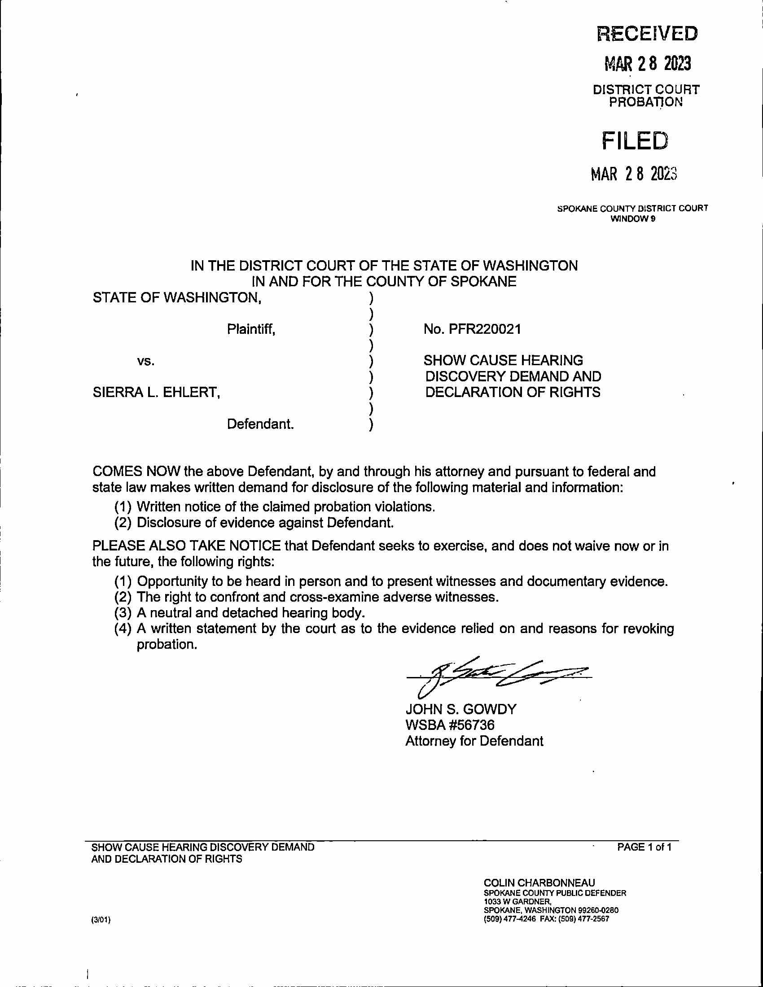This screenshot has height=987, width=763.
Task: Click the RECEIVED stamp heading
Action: point(647,34)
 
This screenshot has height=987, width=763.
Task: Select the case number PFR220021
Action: point(485,329)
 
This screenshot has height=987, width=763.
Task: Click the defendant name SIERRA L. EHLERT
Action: point(156,392)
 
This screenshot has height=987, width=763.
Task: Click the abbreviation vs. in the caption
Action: point(145,361)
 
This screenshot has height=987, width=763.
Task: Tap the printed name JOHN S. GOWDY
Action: point(460,709)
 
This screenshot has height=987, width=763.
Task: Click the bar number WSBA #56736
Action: point(450,725)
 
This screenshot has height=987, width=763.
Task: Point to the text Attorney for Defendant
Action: point(474,741)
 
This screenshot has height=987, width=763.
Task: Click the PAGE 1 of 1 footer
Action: point(644,847)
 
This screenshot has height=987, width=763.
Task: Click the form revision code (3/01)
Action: point(101,920)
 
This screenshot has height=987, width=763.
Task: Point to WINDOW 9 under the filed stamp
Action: point(633,219)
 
